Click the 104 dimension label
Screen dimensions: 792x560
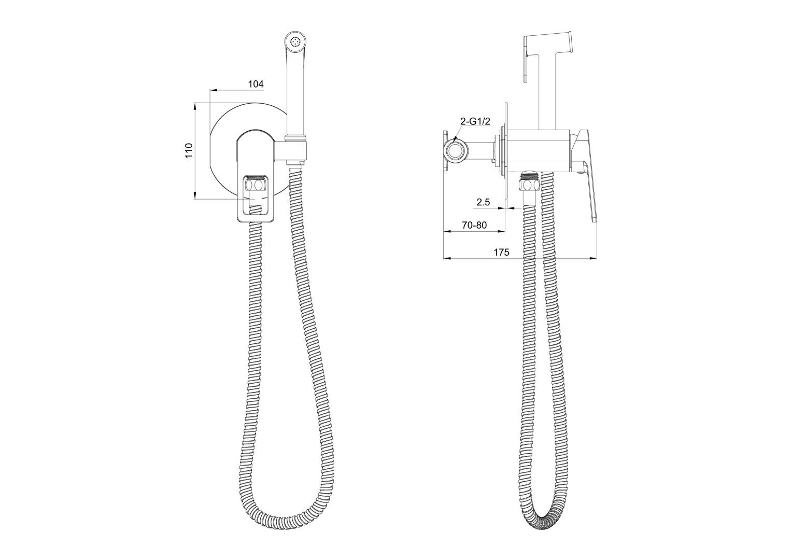point(256,84)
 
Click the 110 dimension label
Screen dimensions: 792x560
point(189,150)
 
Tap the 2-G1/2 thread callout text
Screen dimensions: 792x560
point(475,121)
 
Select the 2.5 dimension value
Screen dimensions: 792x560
point(483,202)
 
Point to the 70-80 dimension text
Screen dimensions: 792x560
point(474,225)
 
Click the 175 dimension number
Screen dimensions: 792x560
point(501,252)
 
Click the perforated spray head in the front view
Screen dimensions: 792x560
point(296,41)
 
